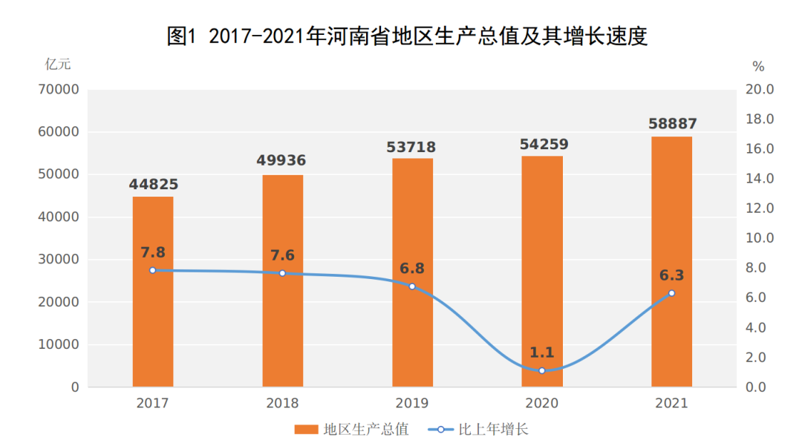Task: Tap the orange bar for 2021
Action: [671, 223]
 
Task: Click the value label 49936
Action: [282, 160]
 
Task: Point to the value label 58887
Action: [672, 123]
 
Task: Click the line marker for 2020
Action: [542, 370]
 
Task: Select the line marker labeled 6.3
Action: [671, 293]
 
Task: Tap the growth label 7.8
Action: [153, 252]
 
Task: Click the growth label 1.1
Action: [542, 352]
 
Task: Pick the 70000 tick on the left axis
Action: [58, 90]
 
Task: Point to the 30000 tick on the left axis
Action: [58, 260]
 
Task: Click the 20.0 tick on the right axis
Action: [760, 90]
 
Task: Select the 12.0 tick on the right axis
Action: [760, 209]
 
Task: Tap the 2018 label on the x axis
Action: [282, 404]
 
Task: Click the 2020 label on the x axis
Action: [542, 404]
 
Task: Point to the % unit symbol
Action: [758, 67]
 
